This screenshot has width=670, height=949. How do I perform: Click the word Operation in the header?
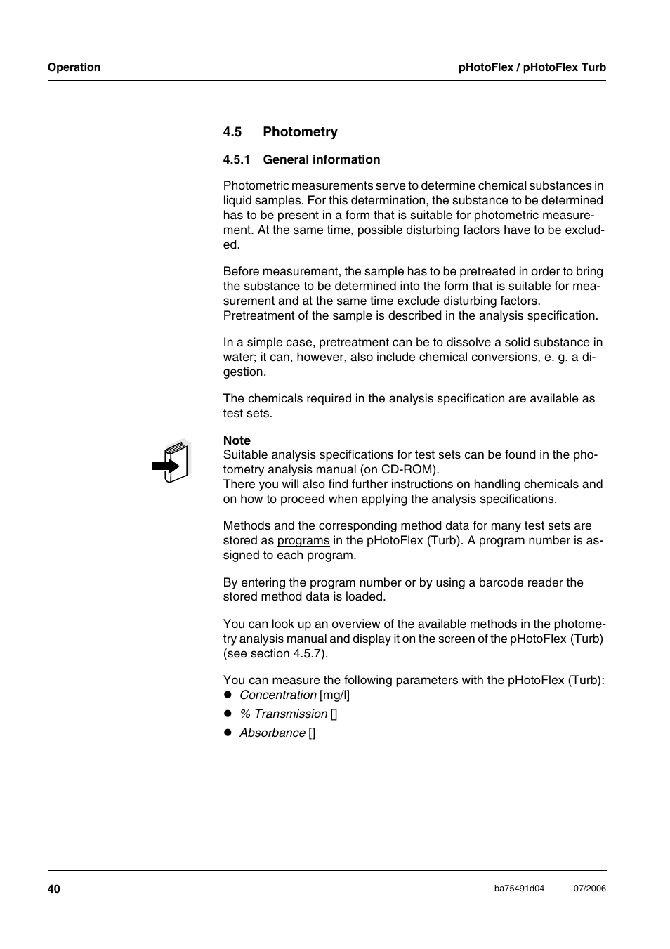(x=74, y=67)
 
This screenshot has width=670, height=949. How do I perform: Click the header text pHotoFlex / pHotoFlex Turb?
(x=532, y=67)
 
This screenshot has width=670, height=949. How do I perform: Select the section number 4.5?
(x=232, y=132)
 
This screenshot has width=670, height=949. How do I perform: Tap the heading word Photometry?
(x=300, y=132)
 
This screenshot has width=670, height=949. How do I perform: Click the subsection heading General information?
(x=322, y=160)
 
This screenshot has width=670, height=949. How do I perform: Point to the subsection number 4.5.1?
(x=237, y=160)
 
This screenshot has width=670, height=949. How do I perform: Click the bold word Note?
(x=237, y=440)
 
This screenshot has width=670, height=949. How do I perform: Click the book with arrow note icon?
(x=171, y=463)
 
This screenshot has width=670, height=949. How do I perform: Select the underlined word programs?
(x=303, y=541)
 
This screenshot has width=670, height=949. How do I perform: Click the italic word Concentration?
(x=277, y=695)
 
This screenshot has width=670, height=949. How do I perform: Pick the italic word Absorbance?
(x=272, y=733)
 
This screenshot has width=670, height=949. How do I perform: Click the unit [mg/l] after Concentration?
(x=334, y=695)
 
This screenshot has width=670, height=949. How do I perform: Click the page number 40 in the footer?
(x=54, y=889)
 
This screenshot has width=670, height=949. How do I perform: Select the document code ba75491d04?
(x=519, y=889)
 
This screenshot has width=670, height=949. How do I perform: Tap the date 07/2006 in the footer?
(x=589, y=889)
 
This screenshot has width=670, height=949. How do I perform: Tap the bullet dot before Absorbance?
(x=228, y=733)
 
